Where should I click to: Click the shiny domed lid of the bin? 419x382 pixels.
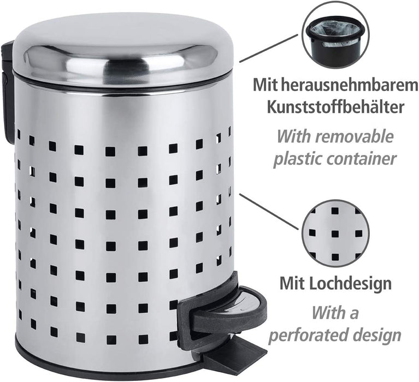(x=123, y=49)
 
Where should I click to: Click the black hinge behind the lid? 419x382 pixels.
(x=8, y=93)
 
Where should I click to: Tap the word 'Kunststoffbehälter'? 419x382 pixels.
(x=336, y=106)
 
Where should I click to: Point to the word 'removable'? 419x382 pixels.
(x=356, y=136)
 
